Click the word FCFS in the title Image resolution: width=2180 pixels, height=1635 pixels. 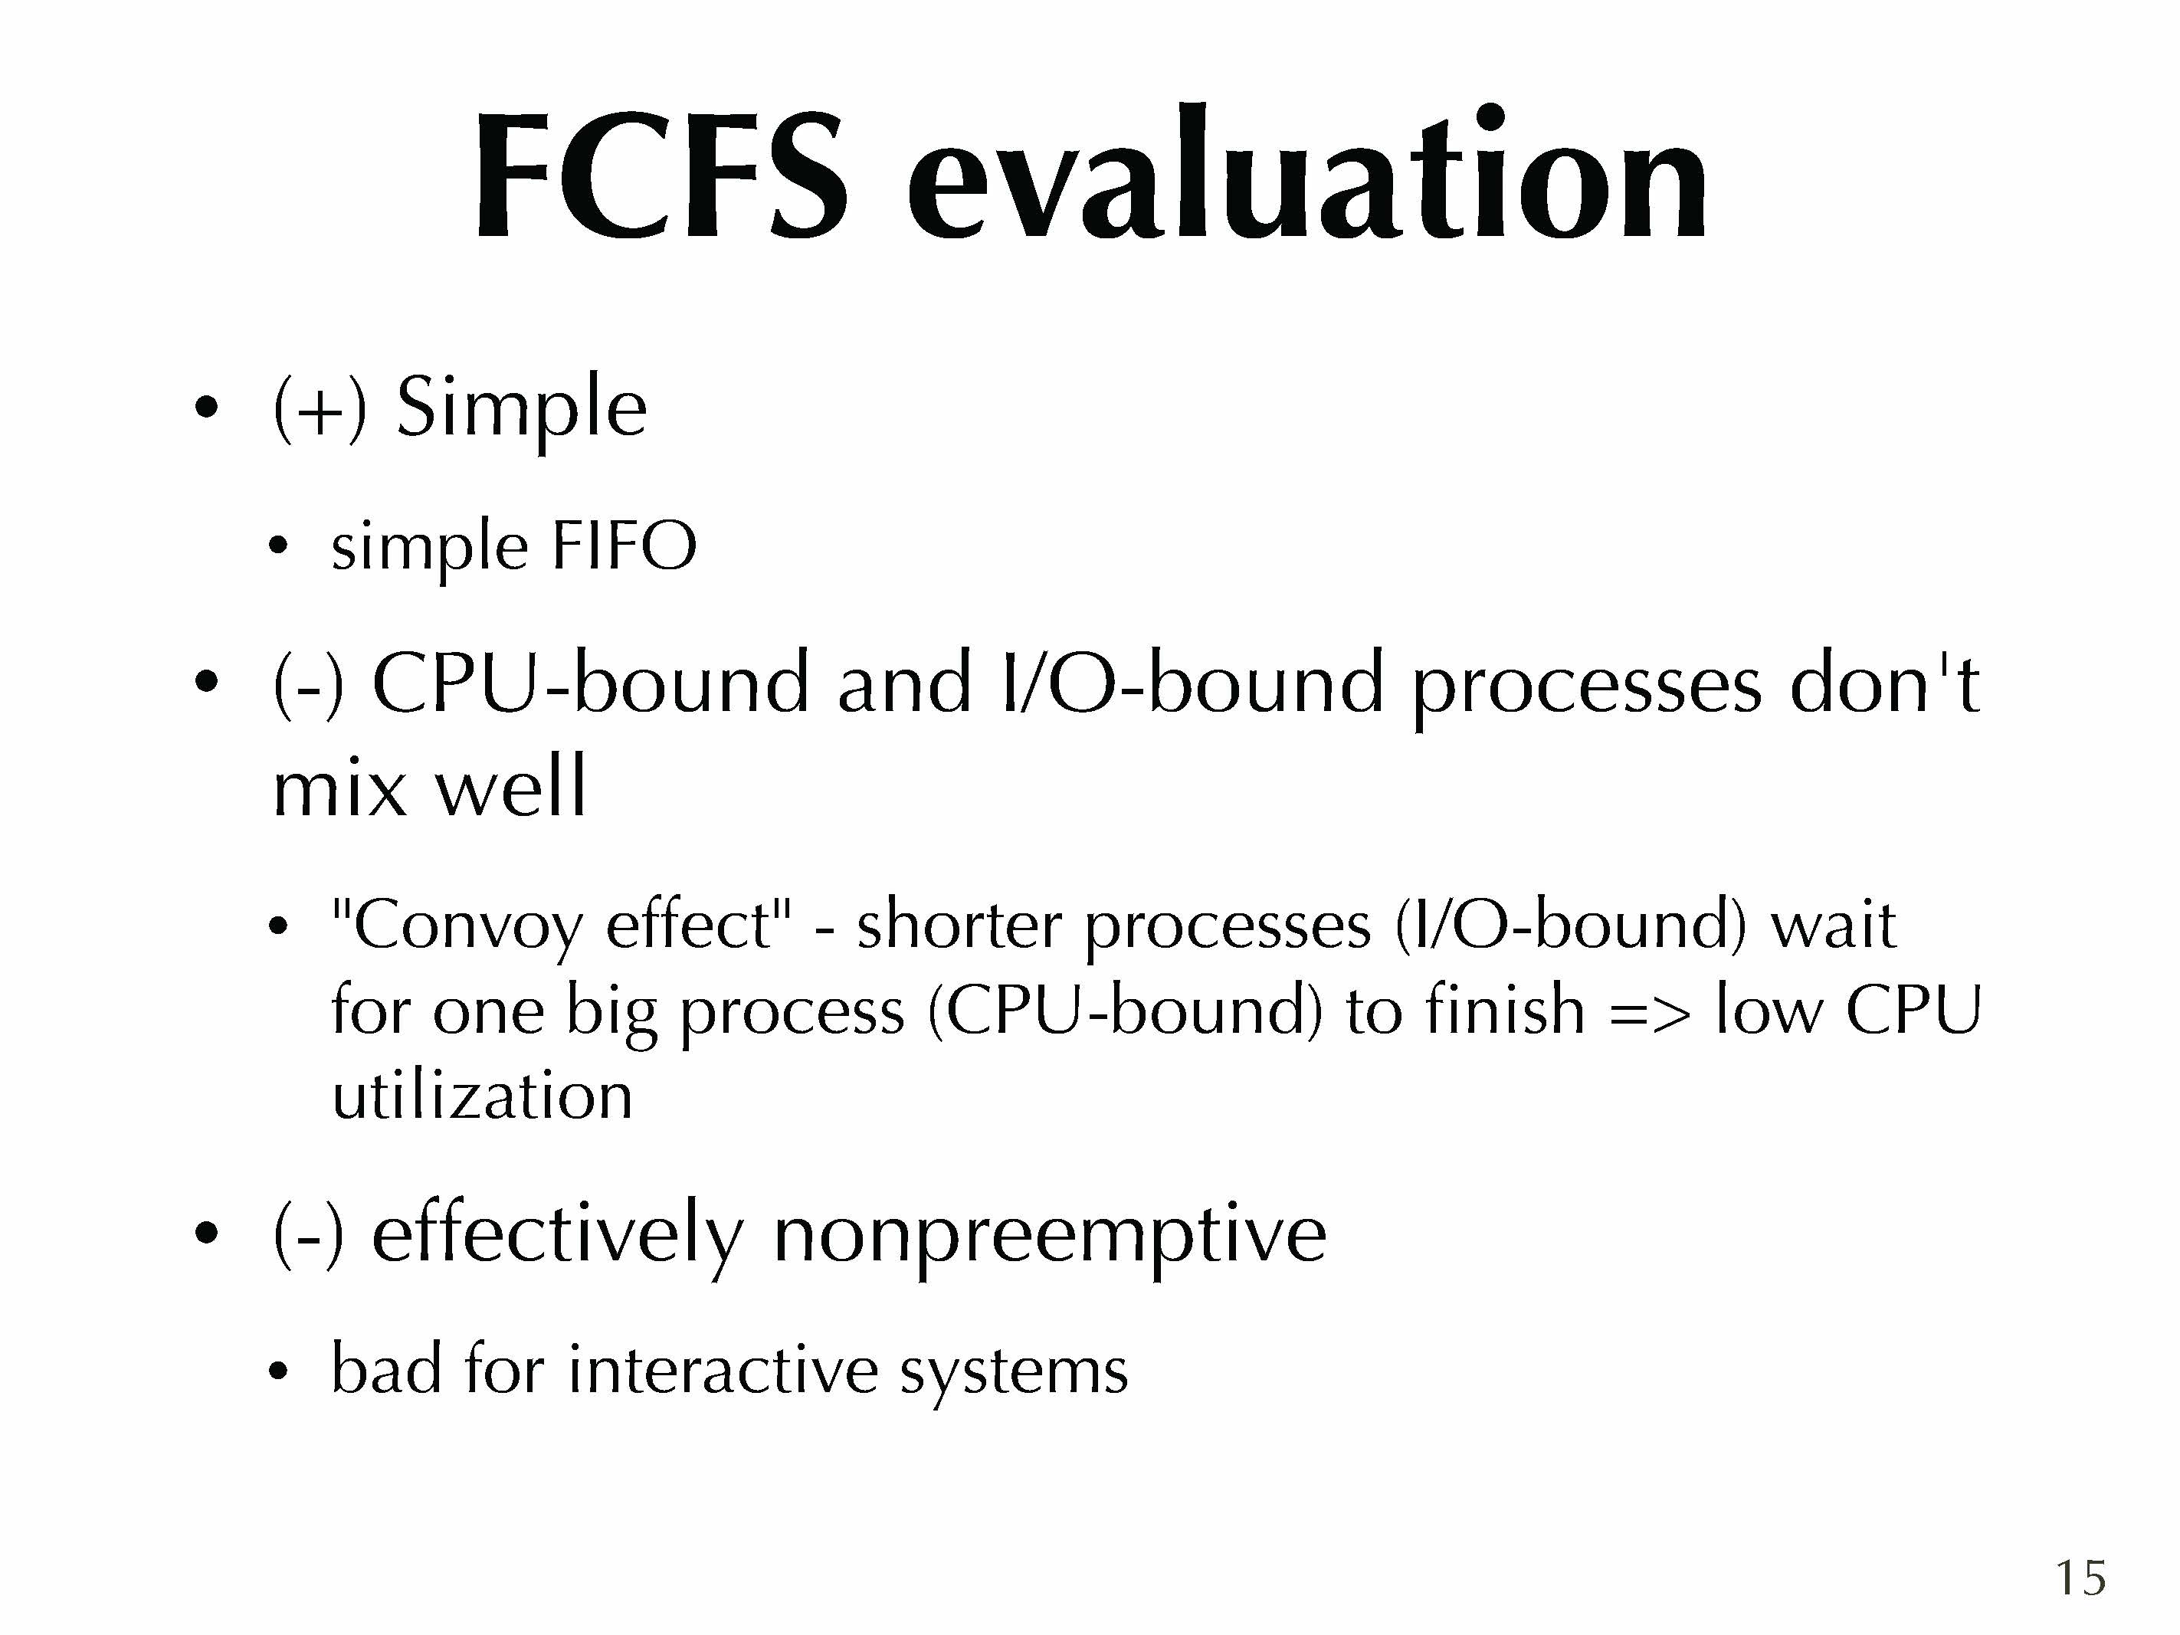[x=661, y=175]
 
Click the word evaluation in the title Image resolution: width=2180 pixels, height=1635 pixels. [x=1306, y=173]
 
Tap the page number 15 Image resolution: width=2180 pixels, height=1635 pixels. [x=2080, y=1578]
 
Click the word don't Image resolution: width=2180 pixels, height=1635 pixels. [x=1884, y=682]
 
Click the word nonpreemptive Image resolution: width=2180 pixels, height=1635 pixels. [x=1051, y=1236]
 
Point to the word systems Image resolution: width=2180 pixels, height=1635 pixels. [x=1014, y=1374]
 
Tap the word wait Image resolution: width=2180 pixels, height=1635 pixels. [x=1833, y=926]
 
